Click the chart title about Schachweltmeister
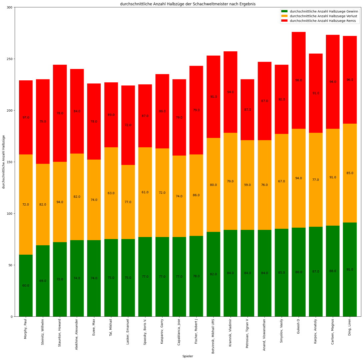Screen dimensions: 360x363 click(188, 4)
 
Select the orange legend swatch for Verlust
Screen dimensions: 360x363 click(284, 16)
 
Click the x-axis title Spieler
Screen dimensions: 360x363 click(188, 356)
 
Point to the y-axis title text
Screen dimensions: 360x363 click(4, 162)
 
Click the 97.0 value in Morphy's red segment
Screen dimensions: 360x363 click(26, 118)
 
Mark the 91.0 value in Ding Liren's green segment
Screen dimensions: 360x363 click(350, 269)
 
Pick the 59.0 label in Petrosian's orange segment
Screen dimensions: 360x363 click(247, 185)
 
